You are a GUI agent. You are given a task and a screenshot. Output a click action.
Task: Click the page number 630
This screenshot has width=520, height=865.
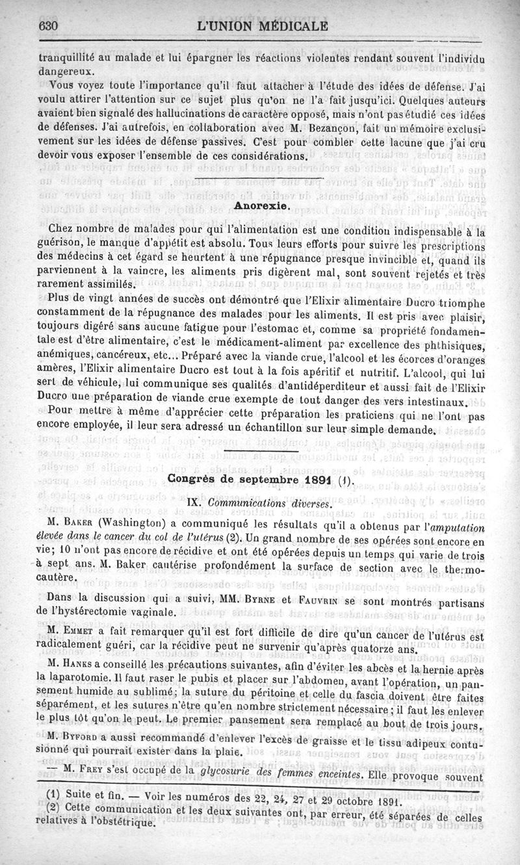tap(49, 27)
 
